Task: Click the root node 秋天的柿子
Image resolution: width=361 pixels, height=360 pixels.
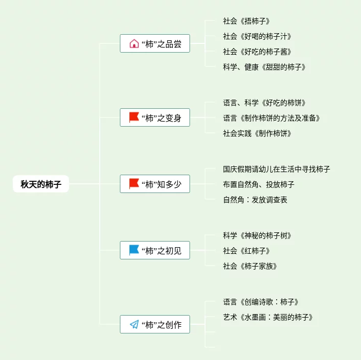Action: (x=41, y=184)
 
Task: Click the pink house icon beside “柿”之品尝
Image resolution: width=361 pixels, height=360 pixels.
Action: (x=134, y=44)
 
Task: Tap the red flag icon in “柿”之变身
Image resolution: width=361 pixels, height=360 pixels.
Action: (x=134, y=118)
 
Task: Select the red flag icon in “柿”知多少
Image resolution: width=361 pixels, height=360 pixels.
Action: (x=134, y=184)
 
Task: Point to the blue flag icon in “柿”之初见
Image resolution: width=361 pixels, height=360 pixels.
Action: (x=134, y=250)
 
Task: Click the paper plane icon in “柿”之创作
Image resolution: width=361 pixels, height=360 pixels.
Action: (x=134, y=324)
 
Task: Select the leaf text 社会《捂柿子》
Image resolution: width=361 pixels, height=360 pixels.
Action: (x=246, y=21)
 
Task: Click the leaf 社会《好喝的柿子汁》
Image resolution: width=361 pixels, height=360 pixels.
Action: (x=257, y=36)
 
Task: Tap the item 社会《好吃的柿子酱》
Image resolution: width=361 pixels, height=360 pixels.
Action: (x=257, y=52)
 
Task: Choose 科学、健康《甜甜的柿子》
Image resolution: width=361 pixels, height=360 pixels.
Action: (x=264, y=67)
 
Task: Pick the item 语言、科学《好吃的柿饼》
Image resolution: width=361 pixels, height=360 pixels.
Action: (x=264, y=103)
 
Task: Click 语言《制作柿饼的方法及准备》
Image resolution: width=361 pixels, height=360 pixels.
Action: (x=272, y=118)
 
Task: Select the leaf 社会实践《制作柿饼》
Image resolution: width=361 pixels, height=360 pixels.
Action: (x=257, y=133)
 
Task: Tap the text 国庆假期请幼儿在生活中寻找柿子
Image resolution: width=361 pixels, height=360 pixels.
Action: (x=277, y=169)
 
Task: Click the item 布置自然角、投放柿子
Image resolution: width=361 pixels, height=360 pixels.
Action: (x=259, y=184)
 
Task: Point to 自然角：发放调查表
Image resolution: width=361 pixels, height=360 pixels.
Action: (x=255, y=200)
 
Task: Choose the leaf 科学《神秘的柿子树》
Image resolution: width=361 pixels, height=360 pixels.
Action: (x=257, y=235)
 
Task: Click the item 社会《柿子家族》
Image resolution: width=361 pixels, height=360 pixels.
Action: (x=250, y=266)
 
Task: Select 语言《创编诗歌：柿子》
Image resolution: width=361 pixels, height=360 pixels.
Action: (x=261, y=302)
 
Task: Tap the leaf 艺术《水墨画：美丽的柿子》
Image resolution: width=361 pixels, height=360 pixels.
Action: (x=268, y=317)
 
